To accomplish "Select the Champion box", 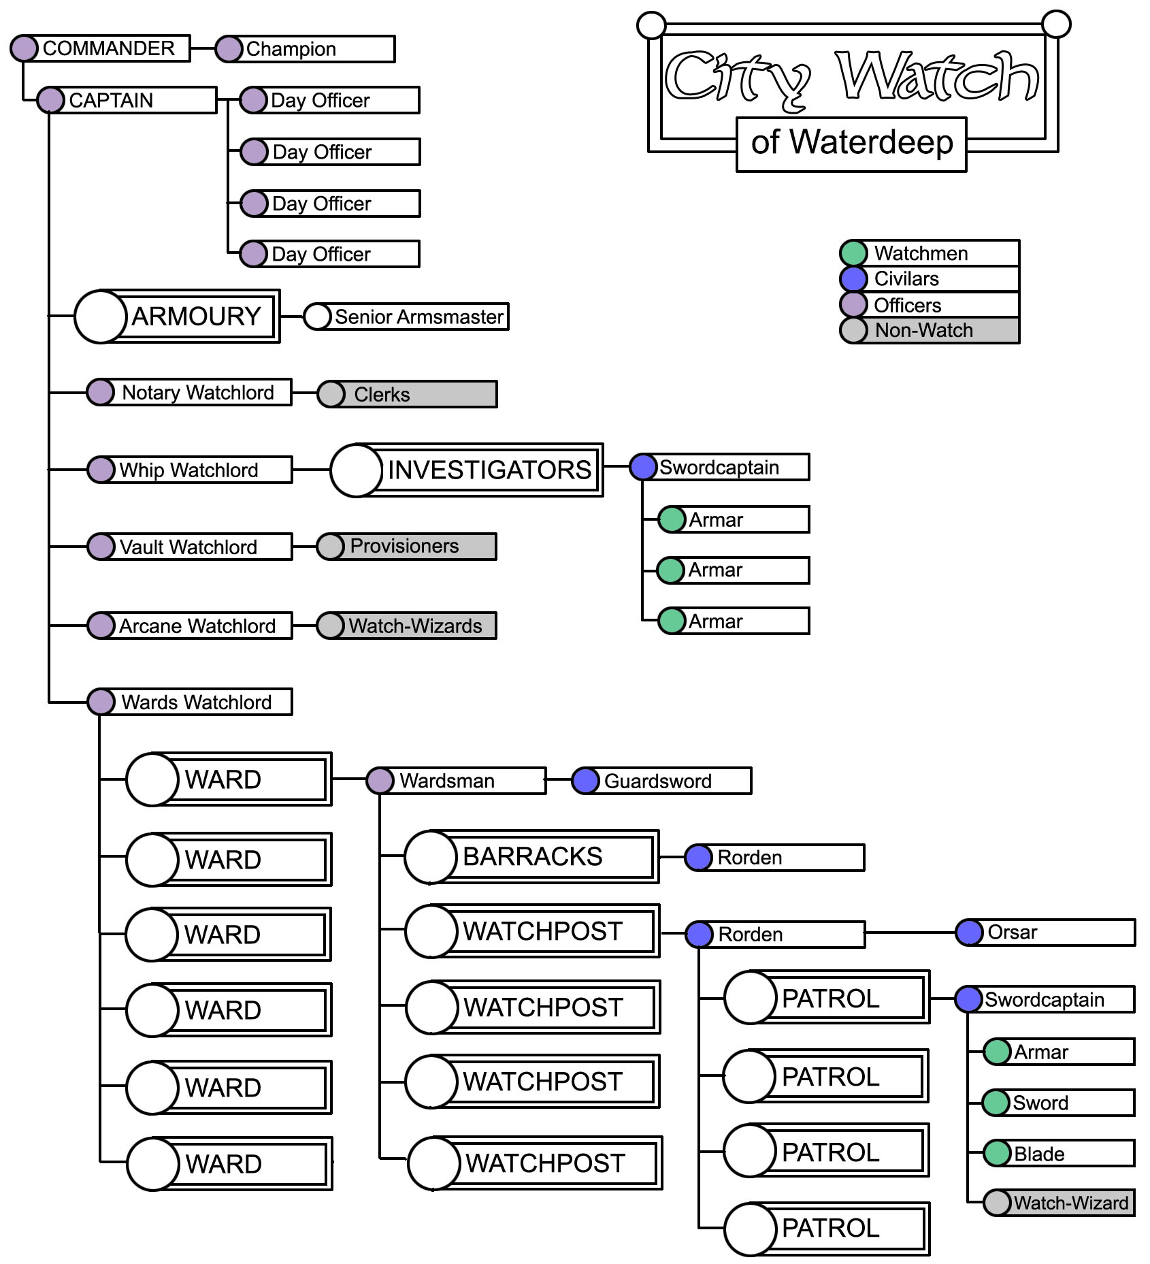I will pos(306,49).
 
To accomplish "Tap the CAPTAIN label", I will pos(111,100).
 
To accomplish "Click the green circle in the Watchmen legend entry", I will pos(853,253).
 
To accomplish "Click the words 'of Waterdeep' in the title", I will pos(851,143).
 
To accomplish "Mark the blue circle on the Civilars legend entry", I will pos(853,279).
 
